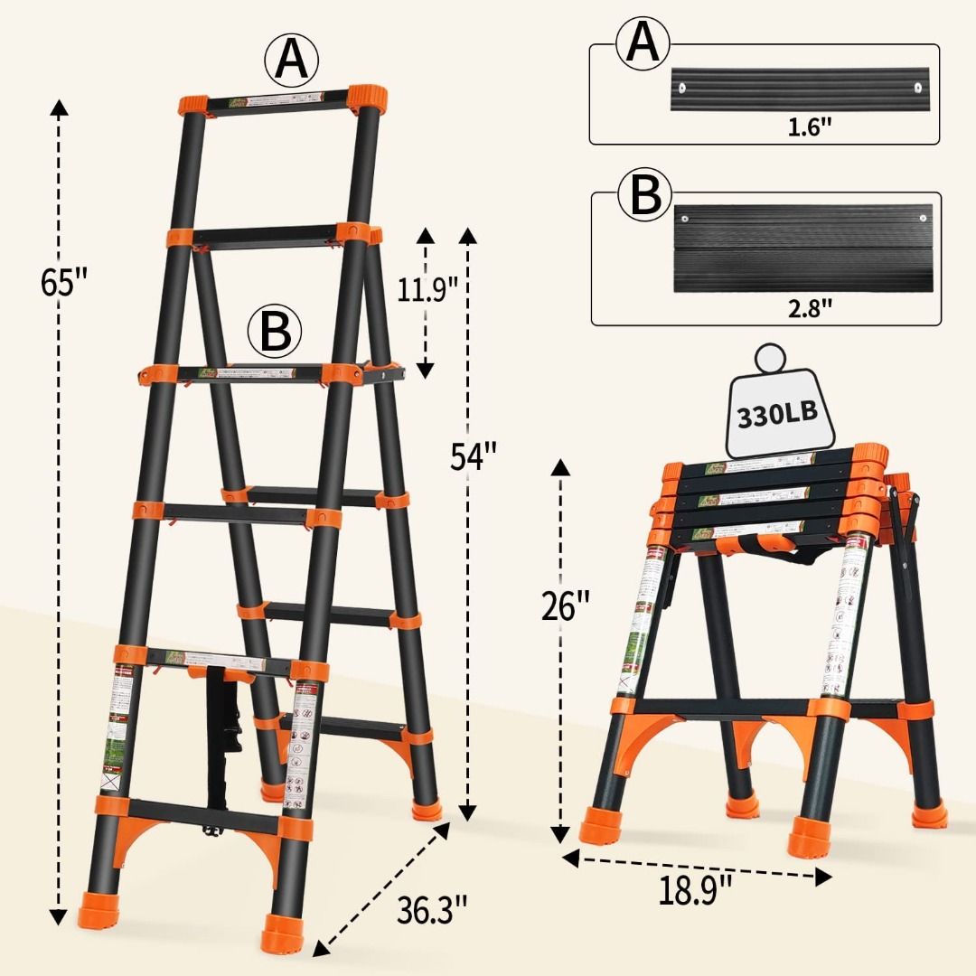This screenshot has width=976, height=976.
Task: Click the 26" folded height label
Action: pyautogui.click(x=566, y=606)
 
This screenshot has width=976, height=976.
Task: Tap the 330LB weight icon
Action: pyautogui.click(x=776, y=414)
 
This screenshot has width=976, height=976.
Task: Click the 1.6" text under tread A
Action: pyautogui.click(x=807, y=127)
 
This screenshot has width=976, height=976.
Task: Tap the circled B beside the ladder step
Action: pyautogui.click(x=276, y=332)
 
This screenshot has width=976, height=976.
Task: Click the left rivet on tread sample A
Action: pyautogui.click(x=682, y=88)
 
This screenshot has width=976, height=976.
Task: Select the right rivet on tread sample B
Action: pyautogui.click(x=924, y=216)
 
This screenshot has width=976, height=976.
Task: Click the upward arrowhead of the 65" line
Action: pyautogui.click(x=59, y=110)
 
